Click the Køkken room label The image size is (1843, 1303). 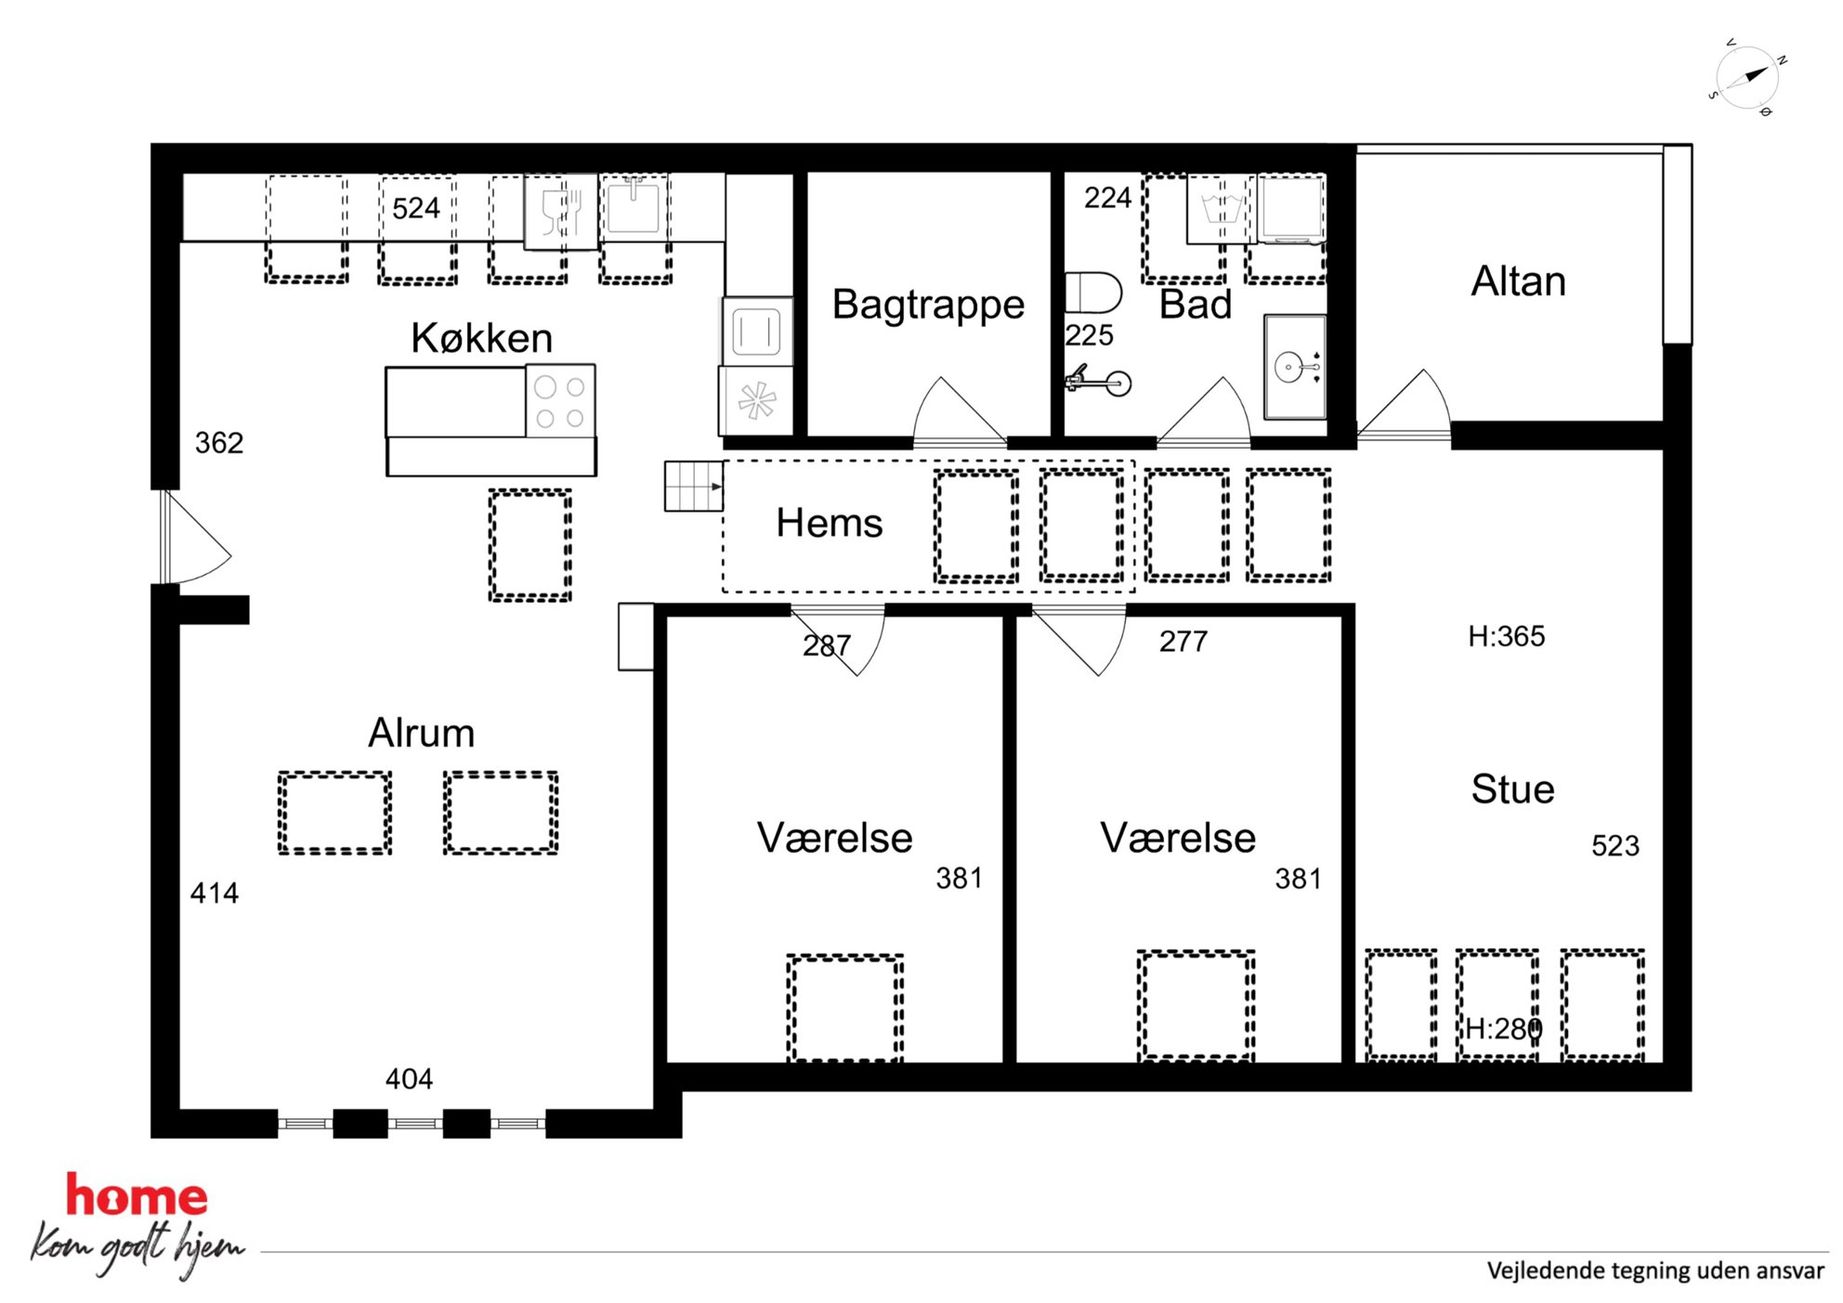tap(481, 337)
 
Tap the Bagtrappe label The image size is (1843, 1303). tap(928, 306)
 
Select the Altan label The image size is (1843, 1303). tap(1518, 281)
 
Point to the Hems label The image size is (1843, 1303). tap(830, 523)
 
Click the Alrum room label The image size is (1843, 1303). tap(422, 733)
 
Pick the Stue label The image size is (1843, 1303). tap(1512, 789)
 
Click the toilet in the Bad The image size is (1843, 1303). tap(1092, 293)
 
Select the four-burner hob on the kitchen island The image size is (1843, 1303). tap(560, 401)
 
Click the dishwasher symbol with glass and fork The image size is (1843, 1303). tap(561, 212)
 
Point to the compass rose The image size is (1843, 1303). tap(1747, 78)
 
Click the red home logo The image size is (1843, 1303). tap(137, 1195)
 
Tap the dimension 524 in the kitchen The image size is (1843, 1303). tap(415, 208)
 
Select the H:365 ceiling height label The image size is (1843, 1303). tap(1506, 636)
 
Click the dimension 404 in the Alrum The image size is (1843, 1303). tap(409, 1079)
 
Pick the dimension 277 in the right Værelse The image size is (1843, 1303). tap(1183, 641)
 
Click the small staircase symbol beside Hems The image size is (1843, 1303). tap(693, 486)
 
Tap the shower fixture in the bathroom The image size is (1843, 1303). tap(1098, 381)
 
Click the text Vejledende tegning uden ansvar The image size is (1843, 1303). tap(1655, 1270)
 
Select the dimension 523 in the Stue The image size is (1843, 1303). tap(1615, 846)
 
